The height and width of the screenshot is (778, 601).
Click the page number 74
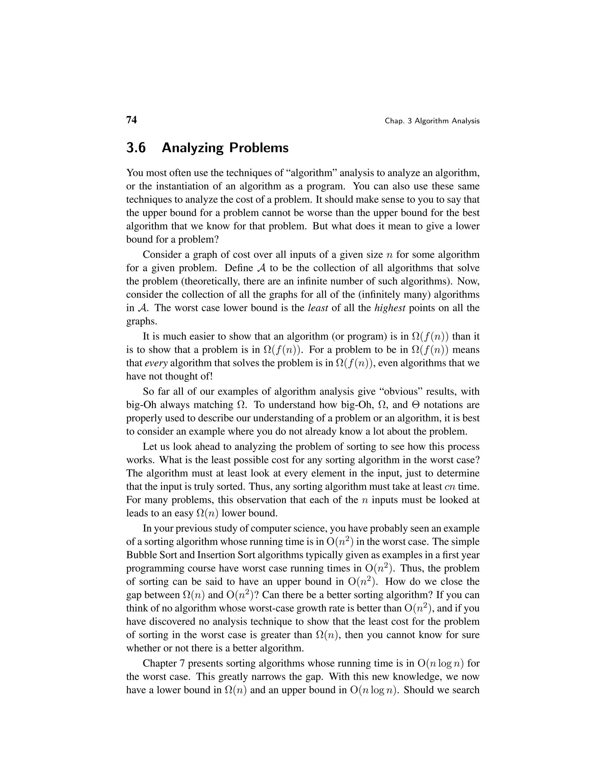(x=131, y=120)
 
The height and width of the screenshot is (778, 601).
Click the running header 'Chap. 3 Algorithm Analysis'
(x=432, y=121)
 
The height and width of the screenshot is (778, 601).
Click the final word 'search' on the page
(x=465, y=690)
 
